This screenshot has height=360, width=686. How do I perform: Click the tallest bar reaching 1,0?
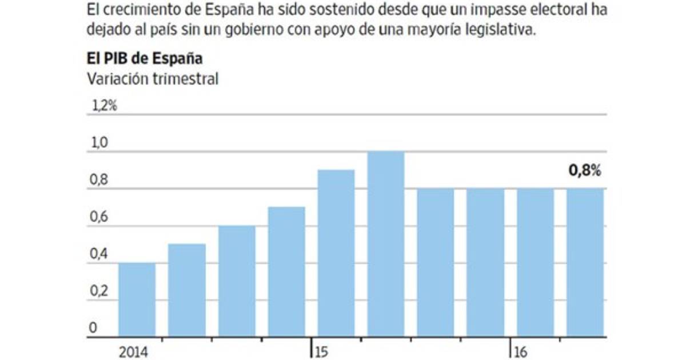pyautogui.click(x=385, y=244)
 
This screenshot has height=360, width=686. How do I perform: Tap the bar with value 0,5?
pyautogui.click(x=186, y=290)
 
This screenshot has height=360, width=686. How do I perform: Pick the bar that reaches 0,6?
pyautogui.click(x=236, y=281)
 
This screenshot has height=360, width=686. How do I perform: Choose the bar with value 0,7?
pyautogui.click(x=286, y=271)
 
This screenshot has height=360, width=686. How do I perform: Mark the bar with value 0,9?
pyautogui.click(x=336, y=253)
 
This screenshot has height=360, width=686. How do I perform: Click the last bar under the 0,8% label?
pyautogui.click(x=585, y=262)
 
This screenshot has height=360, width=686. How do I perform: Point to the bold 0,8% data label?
pyautogui.click(x=585, y=170)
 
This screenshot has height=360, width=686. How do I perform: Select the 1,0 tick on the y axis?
pyautogui.click(x=98, y=143)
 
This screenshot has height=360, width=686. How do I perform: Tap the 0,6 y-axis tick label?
pyautogui.click(x=98, y=218)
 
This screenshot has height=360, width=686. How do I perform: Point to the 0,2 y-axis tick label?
pyautogui.click(x=98, y=292)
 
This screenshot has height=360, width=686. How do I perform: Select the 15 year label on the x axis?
pyautogui.click(x=321, y=352)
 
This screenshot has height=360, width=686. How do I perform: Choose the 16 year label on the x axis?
pyautogui.click(x=520, y=352)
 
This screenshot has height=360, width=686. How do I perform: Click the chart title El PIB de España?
pyautogui.click(x=145, y=59)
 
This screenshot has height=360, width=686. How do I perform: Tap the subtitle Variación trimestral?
pyautogui.click(x=153, y=79)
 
